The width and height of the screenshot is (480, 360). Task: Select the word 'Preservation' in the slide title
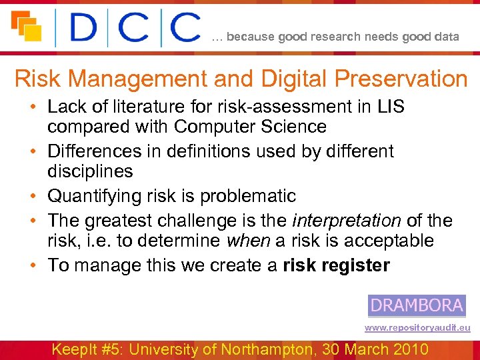(x=401, y=79)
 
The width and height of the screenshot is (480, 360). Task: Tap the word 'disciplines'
(x=90, y=171)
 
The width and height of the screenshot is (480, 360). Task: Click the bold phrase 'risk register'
(x=336, y=265)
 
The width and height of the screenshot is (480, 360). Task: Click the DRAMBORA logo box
(x=417, y=305)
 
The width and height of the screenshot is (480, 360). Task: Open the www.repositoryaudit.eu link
(x=417, y=328)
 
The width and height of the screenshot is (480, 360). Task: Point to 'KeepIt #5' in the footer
(x=90, y=349)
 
